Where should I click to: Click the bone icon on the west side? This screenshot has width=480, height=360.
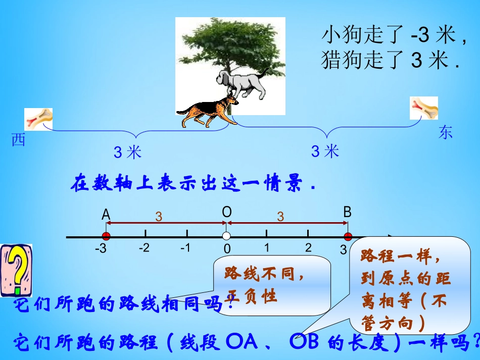coord(39,119)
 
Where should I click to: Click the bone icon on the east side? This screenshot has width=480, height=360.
coord(423,108)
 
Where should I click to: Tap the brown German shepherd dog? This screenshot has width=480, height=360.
coord(207,112)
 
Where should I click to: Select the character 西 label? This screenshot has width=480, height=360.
coord(19,141)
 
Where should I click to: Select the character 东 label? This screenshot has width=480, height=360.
coord(446,133)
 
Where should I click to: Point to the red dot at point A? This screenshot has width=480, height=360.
coord(106,236)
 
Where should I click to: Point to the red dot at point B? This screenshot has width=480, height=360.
coord(348,236)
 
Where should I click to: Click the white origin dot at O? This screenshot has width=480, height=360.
coord(226,236)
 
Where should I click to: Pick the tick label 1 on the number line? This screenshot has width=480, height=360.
coord(267,248)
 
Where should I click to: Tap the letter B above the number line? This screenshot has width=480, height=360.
coord(347,213)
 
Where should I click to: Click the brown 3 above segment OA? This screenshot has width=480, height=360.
coord(159,217)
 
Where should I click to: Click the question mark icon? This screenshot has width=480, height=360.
coord(16,270)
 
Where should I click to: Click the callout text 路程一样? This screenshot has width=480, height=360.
coord(401,256)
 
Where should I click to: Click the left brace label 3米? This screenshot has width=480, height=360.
coord(128,152)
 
